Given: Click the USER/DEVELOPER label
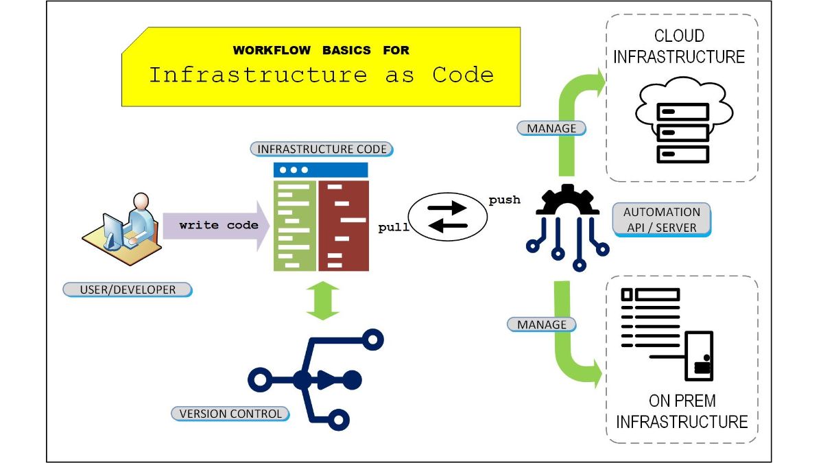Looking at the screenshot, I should tap(128, 289).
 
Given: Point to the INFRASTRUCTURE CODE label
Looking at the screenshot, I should tap(322, 149).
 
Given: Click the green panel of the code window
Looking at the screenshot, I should tap(295, 226).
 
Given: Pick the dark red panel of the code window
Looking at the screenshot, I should tap(344, 226).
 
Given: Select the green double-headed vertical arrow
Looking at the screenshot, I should tap(322, 300).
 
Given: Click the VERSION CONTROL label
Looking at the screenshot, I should tap(230, 414).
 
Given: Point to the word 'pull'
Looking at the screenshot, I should tap(394, 228).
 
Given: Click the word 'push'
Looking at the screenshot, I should tap(504, 200).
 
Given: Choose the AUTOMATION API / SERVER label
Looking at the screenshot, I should tap(661, 220).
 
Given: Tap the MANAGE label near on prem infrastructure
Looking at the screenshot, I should tap(542, 324).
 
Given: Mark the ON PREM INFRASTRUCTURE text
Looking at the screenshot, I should tap(682, 411).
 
